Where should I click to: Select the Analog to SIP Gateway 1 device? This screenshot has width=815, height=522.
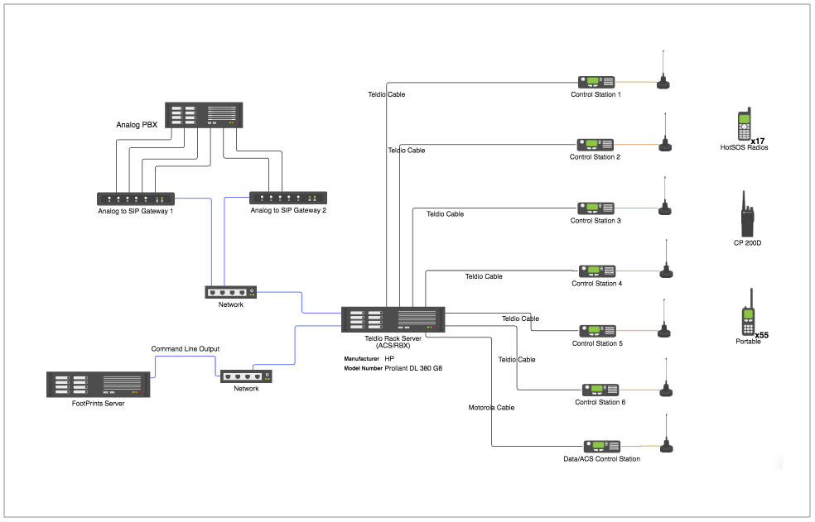point(136,199)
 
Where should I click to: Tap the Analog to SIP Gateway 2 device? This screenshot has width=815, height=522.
point(288,198)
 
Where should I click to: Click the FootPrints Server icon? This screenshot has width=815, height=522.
point(99,385)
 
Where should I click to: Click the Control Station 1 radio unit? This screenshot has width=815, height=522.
point(596,82)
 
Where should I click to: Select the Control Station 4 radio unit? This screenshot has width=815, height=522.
point(596,271)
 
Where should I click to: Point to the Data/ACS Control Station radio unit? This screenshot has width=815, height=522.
point(600,446)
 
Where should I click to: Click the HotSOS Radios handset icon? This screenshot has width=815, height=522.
point(745,126)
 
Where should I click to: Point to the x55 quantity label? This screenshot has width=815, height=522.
point(761,335)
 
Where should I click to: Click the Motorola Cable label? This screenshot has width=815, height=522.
point(491,408)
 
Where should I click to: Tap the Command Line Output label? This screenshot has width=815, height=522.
point(185,349)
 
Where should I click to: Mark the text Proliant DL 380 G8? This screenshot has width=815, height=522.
point(413,368)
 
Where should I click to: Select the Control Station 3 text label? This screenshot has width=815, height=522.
point(596,221)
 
